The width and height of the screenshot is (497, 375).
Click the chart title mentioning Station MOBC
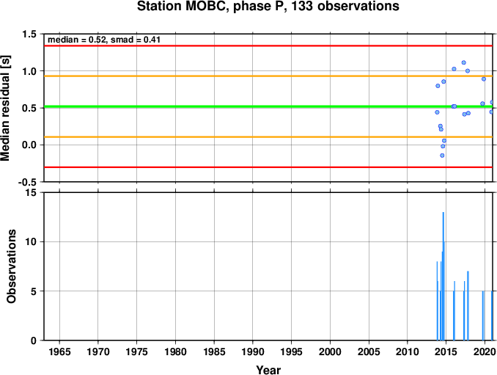click(268, 6)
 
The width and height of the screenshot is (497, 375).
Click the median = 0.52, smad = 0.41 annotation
click(104, 40)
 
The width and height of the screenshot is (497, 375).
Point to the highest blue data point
click(464, 62)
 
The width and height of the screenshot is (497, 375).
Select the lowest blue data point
click(442, 156)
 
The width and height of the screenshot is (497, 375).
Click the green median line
click(268, 106)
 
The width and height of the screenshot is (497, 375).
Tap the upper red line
click(268, 46)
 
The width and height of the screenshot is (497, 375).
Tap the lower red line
click(268, 167)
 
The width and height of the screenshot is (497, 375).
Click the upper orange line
click(268, 76)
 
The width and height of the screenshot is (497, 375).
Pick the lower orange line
click(268, 137)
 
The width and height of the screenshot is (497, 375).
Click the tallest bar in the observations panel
click(443, 276)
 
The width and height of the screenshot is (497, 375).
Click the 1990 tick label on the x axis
click(253, 352)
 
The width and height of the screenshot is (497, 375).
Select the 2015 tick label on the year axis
click(446, 352)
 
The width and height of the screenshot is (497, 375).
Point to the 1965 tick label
click(59, 352)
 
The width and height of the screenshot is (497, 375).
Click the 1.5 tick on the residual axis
click(29, 34)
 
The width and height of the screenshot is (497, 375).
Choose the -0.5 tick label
click(27, 183)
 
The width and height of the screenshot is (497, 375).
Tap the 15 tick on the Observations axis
click(31, 192)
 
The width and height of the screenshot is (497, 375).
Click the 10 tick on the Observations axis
click(31, 241)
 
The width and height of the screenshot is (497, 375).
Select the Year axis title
click(268, 370)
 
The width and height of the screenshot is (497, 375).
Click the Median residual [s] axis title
click(5, 108)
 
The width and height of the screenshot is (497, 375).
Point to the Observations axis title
click(11, 266)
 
